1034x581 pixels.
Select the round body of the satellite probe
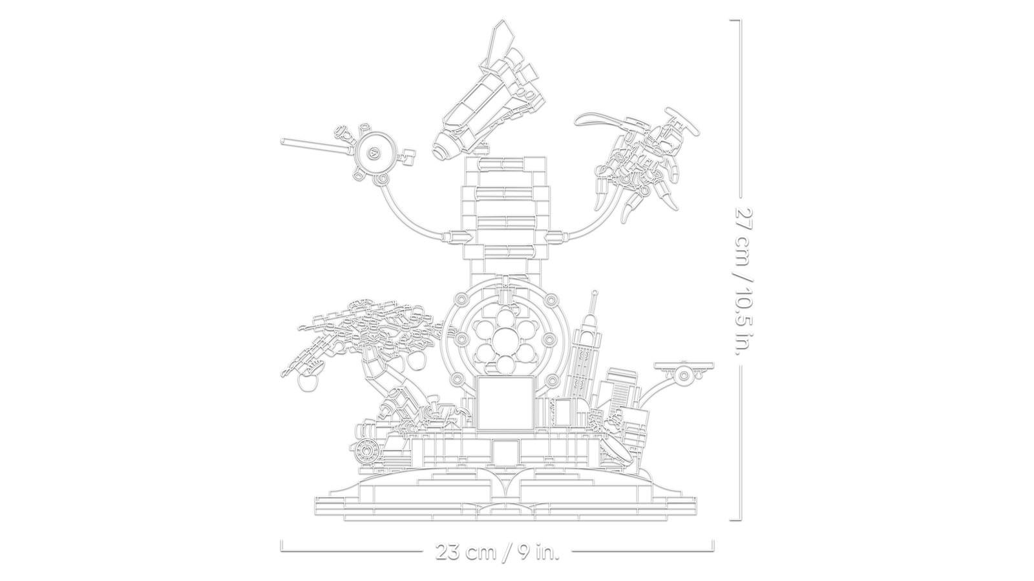[x=374, y=154]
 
